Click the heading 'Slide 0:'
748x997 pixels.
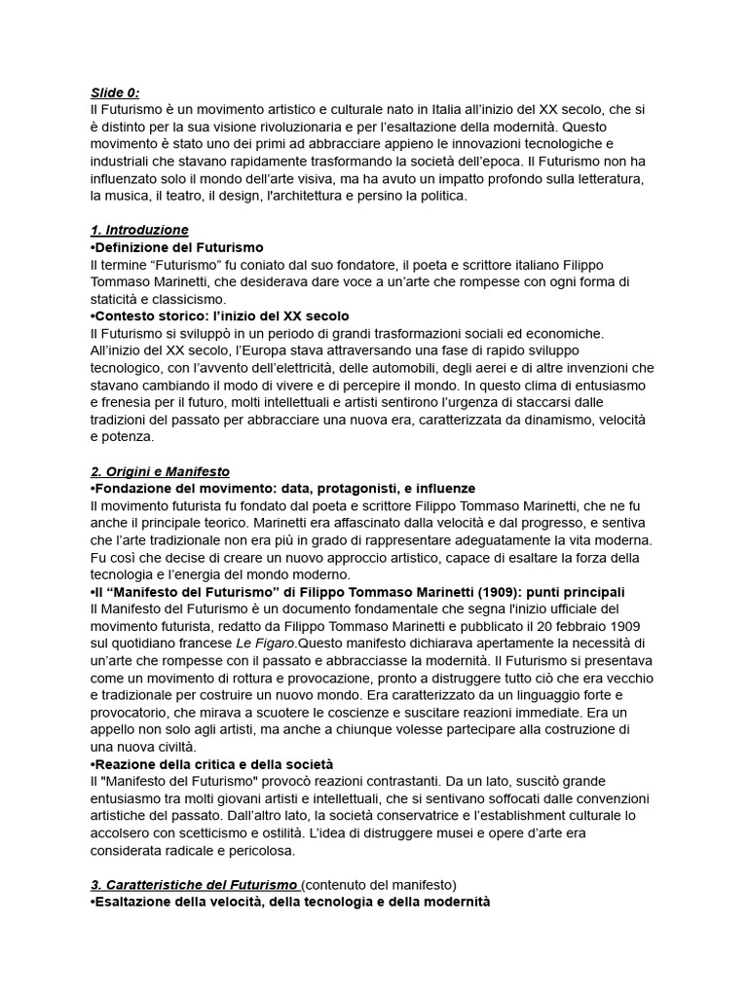pos(114,93)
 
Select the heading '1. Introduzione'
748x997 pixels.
pos(138,230)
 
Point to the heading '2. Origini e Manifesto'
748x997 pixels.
pos(159,471)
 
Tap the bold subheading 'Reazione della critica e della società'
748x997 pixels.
pos(213,763)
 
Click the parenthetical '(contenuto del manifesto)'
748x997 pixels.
pos(378,884)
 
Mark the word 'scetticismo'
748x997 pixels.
pos(234,815)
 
